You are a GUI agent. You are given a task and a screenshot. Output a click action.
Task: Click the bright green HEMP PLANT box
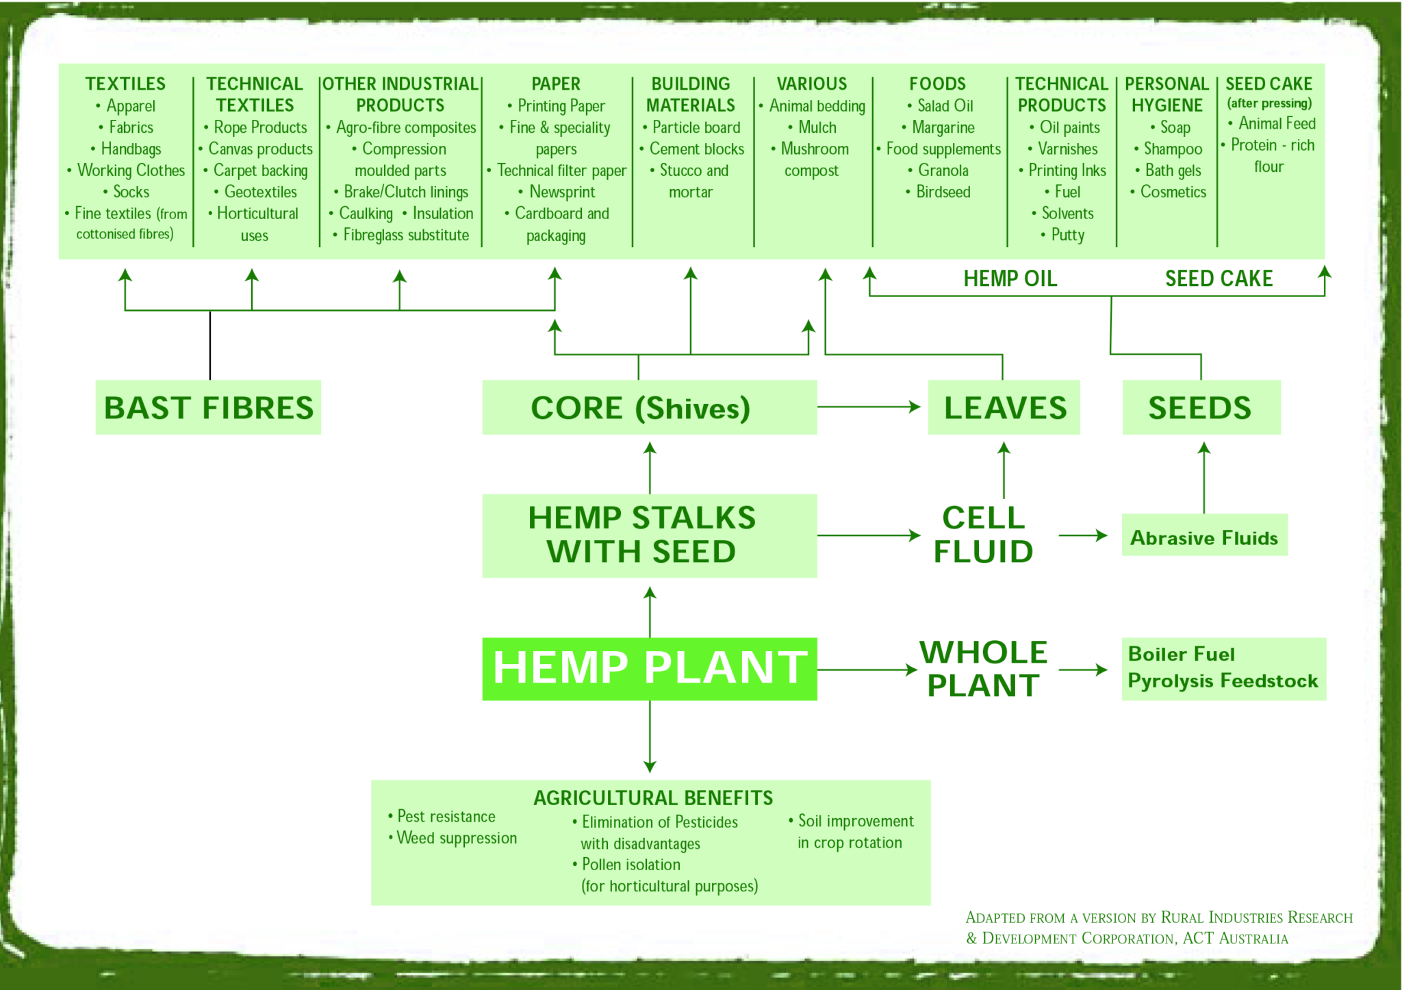(649, 668)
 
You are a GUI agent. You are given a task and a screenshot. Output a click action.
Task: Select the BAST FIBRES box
(208, 407)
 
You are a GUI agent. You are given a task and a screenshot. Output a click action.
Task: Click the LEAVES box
(1004, 407)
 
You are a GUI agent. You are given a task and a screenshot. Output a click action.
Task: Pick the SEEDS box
(1201, 407)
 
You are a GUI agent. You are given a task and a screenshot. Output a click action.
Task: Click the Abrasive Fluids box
(1204, 537)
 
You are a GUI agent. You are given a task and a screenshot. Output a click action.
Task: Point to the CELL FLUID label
(983, 535)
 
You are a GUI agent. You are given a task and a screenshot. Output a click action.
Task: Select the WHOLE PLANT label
(983, 668)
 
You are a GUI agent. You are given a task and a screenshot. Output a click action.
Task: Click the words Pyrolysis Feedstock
(1223, 681)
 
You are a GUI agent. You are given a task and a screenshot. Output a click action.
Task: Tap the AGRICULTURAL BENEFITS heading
(652, 798)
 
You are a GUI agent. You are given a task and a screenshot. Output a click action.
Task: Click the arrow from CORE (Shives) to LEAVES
(869, 407)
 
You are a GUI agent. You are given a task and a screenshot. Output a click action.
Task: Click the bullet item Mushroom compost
(813, 160)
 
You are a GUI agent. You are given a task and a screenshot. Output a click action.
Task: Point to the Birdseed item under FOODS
(943, 192)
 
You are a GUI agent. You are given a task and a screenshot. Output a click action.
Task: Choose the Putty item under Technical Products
(1067, 235)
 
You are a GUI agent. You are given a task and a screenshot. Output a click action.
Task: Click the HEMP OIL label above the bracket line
(1010, 279)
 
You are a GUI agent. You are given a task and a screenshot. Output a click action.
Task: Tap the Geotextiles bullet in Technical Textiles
(260, 192)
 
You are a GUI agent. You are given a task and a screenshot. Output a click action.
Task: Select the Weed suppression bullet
(457, 838)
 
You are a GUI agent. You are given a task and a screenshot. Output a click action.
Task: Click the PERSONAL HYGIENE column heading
(1167, 94)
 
